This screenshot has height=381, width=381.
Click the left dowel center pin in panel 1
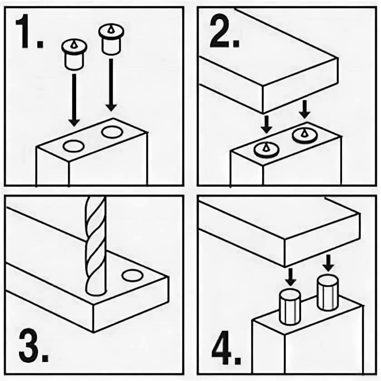tap(74, 54)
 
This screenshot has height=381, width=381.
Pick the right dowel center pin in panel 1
tap(111, 39)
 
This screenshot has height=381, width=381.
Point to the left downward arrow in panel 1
tap(74, 100)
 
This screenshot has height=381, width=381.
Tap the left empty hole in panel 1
tap(73, 146)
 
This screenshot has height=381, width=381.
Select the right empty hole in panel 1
tap(112, 132)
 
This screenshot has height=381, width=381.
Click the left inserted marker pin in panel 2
tap(266, 150)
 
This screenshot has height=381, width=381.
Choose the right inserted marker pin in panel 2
tap(305, 136)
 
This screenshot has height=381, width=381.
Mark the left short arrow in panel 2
tap(267, 124)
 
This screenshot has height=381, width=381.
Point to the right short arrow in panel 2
tap(305, 110)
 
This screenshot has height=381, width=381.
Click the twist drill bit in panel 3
tap(96, 245)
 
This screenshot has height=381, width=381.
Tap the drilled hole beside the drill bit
tap(132, 276)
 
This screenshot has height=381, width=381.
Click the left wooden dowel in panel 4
tap(290, 307)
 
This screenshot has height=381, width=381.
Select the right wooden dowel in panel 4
tap(327, 292)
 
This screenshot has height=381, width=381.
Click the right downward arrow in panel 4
tap(328, 263)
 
